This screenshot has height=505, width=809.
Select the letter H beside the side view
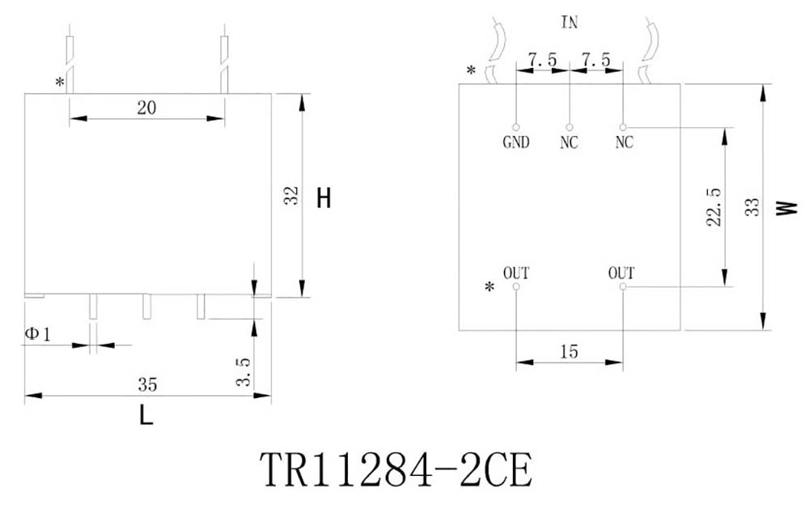coord(324,199)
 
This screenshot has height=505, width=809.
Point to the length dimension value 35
coord(147,384)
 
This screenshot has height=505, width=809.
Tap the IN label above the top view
coord(570,23)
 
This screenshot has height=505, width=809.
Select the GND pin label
coord(515,143)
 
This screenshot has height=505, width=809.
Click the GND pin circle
coord(516,127)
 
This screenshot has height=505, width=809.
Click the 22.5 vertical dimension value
coord(714,207)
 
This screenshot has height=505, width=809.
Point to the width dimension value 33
coord(752,207)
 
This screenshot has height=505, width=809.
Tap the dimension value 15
coord(570,352)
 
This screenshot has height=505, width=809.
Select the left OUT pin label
coord(516,272)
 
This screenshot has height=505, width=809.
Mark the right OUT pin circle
coord(623,286)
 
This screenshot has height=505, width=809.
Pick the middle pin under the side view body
coord(147,306)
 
